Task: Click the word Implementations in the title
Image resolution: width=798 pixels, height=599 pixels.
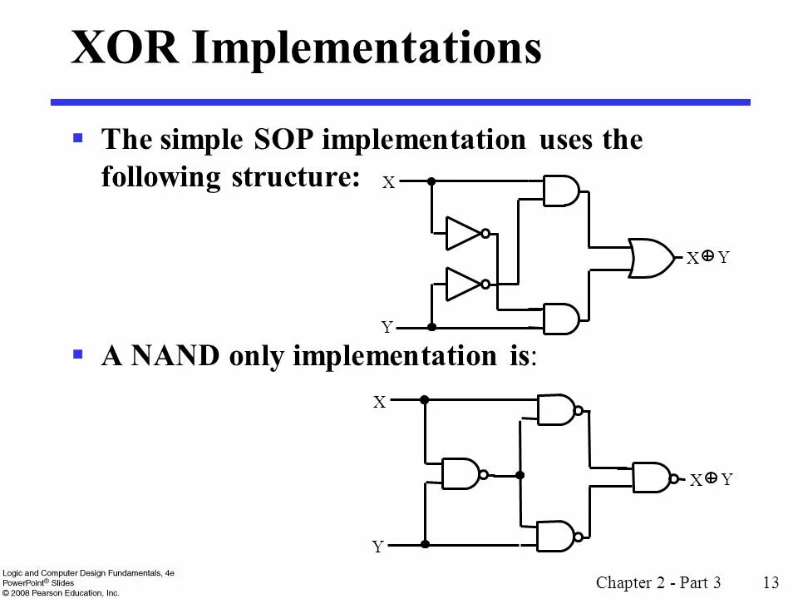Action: (x=367, y=49)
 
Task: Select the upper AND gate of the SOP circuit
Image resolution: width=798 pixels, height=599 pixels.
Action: (x=560, y=191)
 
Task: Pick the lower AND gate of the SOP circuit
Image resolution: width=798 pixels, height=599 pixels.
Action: (x=560, y=318)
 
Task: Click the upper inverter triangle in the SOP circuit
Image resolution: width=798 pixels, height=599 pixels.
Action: (x=462, y=234)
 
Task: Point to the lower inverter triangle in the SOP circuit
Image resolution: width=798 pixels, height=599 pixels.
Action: (x=462, y=284)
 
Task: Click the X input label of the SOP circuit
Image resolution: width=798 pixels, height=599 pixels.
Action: (x=388, y=183)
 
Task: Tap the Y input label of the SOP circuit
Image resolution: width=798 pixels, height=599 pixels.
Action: (x=387, y=328)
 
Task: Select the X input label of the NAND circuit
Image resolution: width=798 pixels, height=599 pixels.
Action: (x=380, y=403)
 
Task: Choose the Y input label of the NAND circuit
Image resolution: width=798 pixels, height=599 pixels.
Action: (x=378, y=547)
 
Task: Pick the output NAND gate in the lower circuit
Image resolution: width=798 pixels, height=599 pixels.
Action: (x=651, y=477)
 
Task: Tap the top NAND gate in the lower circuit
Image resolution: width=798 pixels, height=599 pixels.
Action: (x=554, y=409)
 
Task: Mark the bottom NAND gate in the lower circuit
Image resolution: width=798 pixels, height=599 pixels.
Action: (x=554, y=536)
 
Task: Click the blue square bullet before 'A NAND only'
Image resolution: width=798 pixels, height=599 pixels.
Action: (x=78, y=354)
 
